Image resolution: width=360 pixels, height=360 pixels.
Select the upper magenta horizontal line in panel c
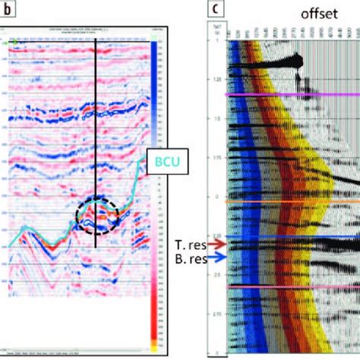click(289, 94)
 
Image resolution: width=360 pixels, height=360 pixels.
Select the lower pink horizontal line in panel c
click(289, 286)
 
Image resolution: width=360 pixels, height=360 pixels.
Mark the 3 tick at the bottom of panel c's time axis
click(215, 352)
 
